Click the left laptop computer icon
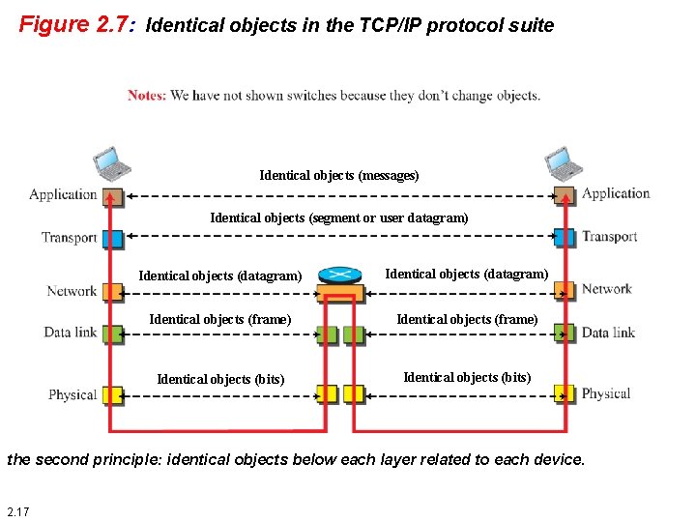point(110,164)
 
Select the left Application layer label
point(63,194)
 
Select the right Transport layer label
point(609,237)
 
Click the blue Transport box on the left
point(113,238)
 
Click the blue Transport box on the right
point(565,237)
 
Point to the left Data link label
point(71,333)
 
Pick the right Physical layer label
point(606,393)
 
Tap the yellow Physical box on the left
point(113,394)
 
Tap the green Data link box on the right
point(565,333)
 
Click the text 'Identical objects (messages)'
point(339,175)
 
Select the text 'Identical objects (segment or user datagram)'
point(339,217)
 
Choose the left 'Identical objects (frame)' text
point(220,319)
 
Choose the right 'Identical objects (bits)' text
point(467,377)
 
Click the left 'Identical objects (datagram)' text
point(220,275)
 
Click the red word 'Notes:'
point(146,95)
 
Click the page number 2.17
point(17,510)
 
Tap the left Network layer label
point(72,291)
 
